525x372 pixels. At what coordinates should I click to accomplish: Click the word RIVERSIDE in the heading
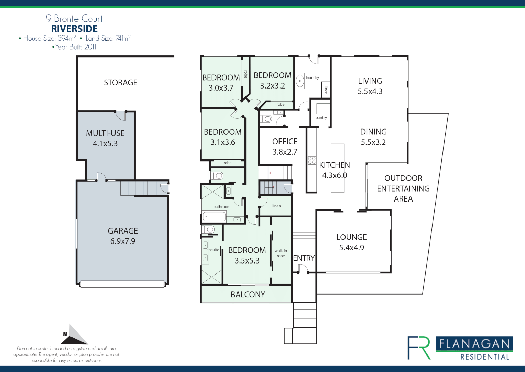[74, 29]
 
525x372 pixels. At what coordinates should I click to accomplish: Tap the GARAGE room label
[123, 231]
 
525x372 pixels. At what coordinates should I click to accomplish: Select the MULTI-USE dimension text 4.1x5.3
[105, 144]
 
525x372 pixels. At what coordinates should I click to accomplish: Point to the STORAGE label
[120, 83]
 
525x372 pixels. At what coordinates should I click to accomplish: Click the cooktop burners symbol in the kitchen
[312, 160]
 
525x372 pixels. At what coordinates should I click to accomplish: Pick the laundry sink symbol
[300, 81]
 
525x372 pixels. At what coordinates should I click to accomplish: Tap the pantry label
[321, 118]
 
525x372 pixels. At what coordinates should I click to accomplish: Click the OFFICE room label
[285, 142]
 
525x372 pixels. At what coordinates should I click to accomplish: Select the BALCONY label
[248, 294]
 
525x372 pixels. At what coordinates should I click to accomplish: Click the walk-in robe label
[281, 253]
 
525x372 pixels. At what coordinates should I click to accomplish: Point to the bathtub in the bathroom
[214, 217]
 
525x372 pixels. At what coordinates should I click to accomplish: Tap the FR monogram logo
[419, 348]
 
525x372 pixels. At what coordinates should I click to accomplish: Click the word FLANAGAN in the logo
[474, 344]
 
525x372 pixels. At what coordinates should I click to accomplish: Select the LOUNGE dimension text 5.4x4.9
[351, 248]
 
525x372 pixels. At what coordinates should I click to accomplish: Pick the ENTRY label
[304, 258]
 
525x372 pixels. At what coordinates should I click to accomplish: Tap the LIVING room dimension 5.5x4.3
[370, 91]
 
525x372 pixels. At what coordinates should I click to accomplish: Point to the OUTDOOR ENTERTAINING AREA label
[403, 188]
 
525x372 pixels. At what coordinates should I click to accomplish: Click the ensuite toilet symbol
[208, 229]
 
